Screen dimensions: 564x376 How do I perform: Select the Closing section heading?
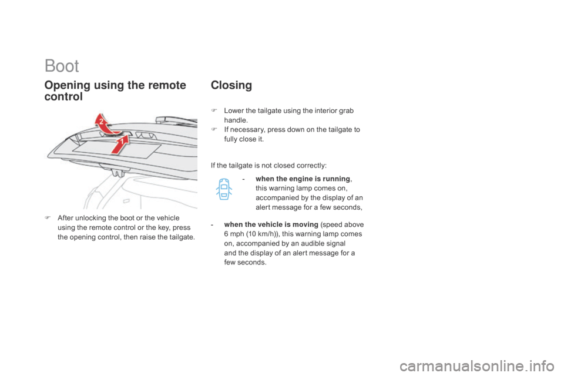point(231,86)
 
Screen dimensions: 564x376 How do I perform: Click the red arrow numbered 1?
point(118,145)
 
